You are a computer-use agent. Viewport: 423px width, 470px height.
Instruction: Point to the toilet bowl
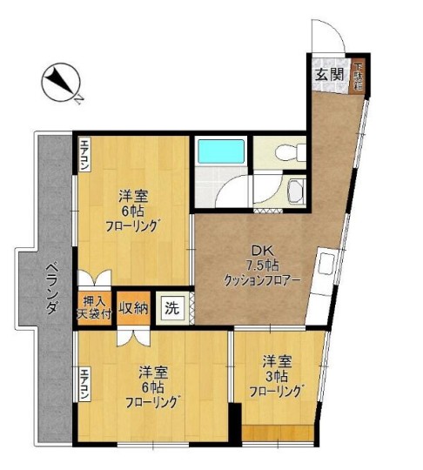pyautogui.click(x=284, y=153)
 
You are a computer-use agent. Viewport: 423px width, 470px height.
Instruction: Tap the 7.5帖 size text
pyautogui.click(x=261, y=265)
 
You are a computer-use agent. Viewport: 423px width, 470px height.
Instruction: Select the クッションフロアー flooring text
pyautogui.click(x=261, y=279)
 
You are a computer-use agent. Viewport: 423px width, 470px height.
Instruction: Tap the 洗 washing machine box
pyautogui.click(x=172, y=309)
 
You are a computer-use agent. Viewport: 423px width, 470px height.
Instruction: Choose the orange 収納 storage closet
pyautogui.click(x=134, y=307)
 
